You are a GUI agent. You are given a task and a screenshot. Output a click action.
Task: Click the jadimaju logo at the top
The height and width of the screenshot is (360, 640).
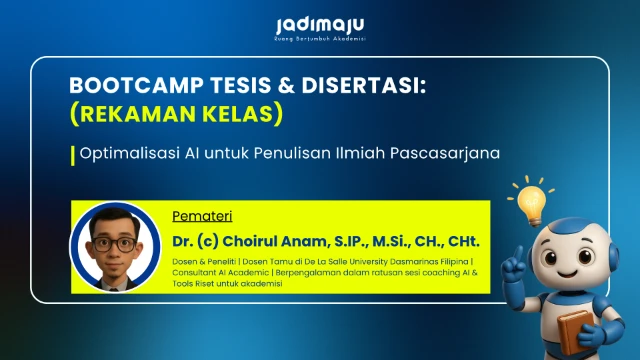click(319, 24)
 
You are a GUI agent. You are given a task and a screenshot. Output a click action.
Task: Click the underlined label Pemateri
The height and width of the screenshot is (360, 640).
click(198, 216)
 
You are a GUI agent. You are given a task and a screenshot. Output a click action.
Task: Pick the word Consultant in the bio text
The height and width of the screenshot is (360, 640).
click(195, 273)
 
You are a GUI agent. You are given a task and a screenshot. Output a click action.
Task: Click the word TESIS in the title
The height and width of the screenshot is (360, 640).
click(197, 87)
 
